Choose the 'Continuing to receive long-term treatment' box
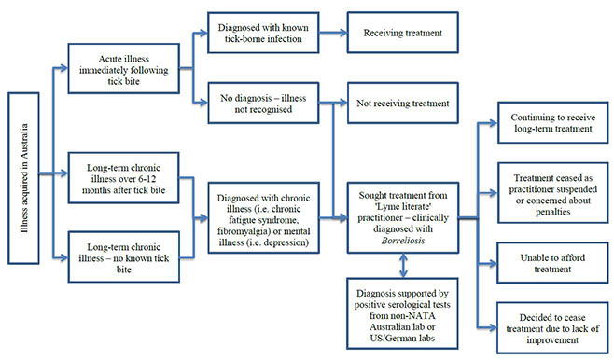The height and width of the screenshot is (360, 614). (x=544, y=125)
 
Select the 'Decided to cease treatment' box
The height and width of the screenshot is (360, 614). (x=544, y=321)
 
